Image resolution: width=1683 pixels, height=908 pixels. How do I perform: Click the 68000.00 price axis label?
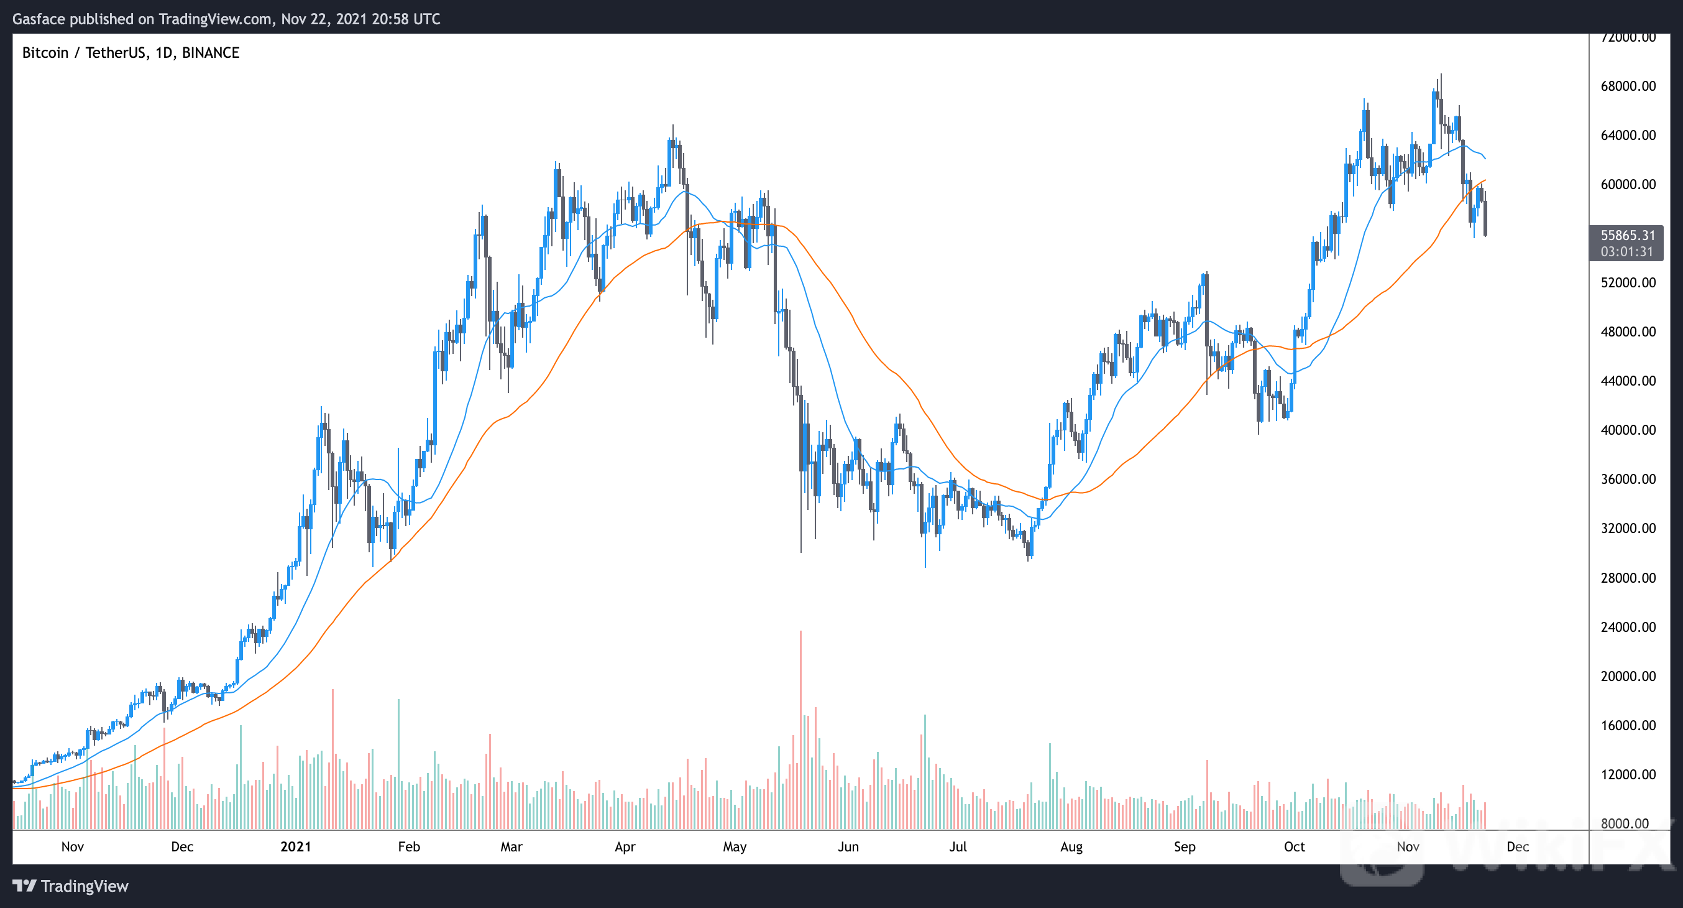(1628, 86)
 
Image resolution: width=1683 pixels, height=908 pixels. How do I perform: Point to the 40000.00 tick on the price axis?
(1628, 430)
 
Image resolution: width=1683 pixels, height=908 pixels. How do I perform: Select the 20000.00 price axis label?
(1628, 676)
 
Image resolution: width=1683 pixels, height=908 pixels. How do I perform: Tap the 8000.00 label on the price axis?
(1625, 823)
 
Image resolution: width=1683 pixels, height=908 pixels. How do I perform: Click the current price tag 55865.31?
(1627, 235)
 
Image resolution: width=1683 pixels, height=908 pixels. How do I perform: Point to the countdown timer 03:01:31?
(1626, 252)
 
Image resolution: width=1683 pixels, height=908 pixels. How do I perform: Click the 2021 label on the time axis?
(295, 846)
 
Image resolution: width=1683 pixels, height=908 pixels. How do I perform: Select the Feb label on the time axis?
(409, 846)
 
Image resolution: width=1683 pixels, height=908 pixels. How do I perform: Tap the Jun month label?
(848, 846)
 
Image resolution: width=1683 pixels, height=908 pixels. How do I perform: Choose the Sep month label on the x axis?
(1185, 846)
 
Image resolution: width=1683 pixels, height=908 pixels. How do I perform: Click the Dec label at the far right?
(1517, 846)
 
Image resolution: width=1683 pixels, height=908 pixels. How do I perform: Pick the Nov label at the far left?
(73, 846)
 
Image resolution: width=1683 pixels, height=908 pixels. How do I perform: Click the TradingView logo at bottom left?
(71, 886)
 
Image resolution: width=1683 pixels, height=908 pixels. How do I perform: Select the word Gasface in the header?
(39, 19)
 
